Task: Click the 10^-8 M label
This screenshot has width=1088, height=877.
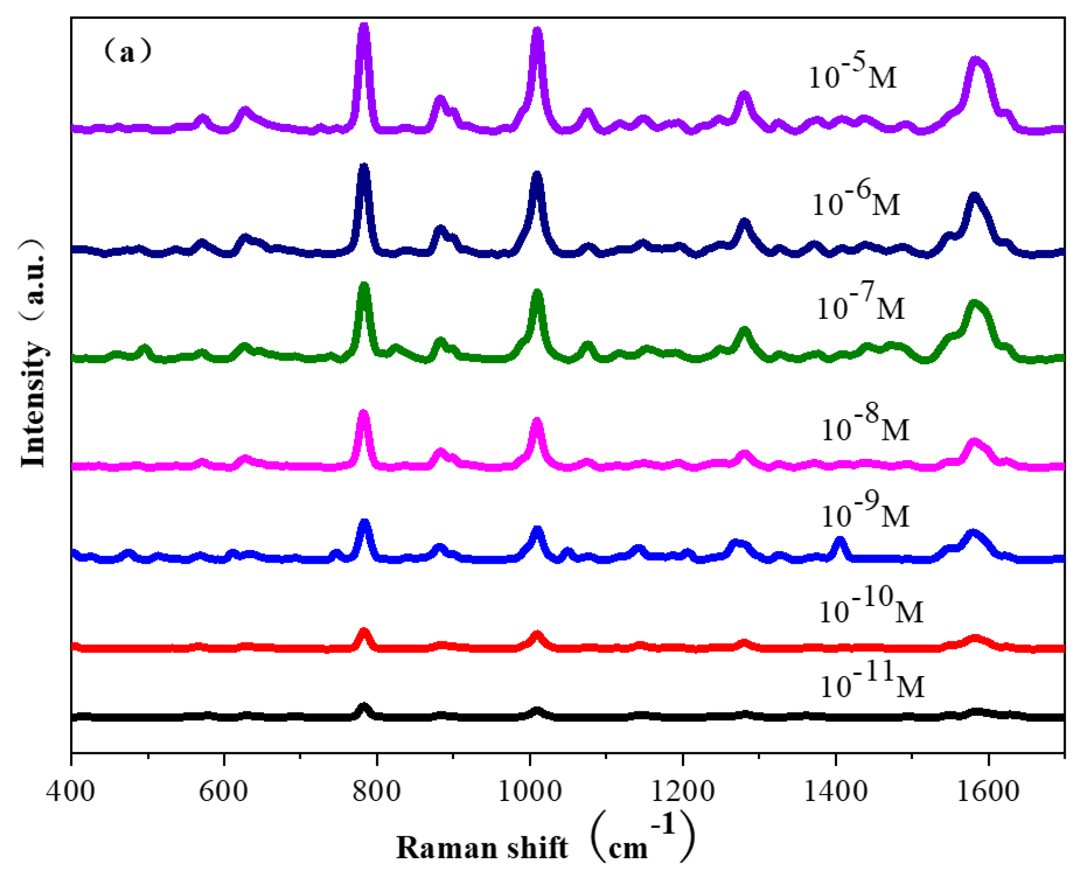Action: point(865,426)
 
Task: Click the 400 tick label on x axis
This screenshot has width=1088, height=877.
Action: point(71,792)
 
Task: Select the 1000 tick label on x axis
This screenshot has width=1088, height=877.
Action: point(530,792)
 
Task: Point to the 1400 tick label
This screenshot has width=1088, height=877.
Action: point(835,792)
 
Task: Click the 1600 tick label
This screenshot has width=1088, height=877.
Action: point(988,792)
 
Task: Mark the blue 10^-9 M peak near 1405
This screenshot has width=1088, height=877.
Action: point(840,540)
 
